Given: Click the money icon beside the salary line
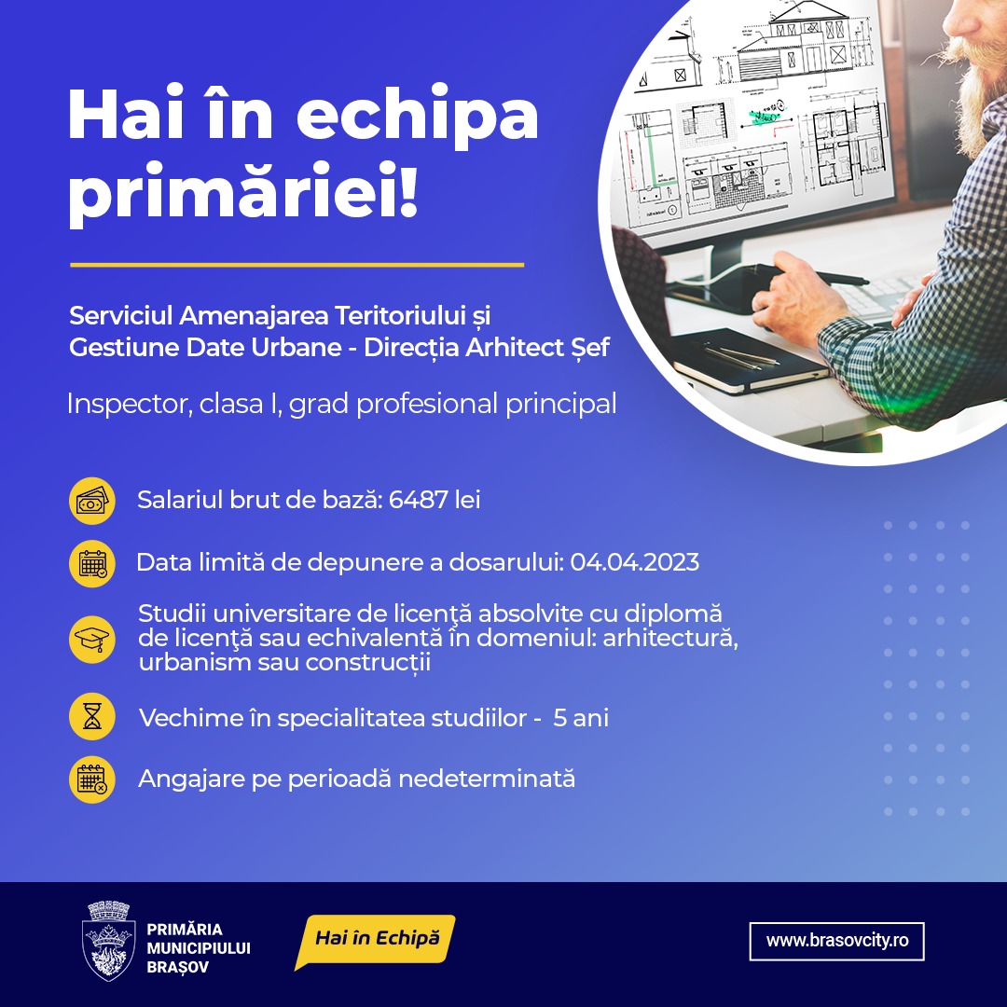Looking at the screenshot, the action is [x=91, y=501].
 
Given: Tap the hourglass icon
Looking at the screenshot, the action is [x=91, y=716].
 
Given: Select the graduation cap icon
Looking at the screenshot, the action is [x=91, y=639].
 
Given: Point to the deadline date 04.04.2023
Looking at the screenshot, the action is [x=635, y=562].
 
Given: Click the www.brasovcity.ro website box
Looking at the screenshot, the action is [x=836, y=941].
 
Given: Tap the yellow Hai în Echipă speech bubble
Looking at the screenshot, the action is [x=377, y=940].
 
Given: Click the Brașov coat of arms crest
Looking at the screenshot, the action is [x=108, y=941].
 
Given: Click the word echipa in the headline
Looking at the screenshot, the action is [x=417, y=114].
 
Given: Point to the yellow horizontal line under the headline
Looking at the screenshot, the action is [x=297, y=264].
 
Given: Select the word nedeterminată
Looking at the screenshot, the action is [x=487, y=779].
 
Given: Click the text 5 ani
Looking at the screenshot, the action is [x=581, y=718].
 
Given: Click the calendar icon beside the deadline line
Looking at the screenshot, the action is [x=91, y=564].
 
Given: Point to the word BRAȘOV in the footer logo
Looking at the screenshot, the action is [x=178, y=967].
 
